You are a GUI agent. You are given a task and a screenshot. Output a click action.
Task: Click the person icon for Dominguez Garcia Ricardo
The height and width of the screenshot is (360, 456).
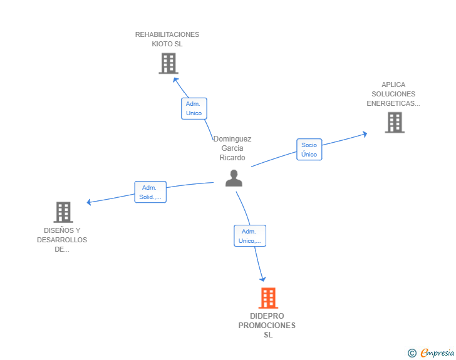coord(234,178)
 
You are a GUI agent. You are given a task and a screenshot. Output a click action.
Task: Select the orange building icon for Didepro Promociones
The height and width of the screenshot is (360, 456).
coord(268,298)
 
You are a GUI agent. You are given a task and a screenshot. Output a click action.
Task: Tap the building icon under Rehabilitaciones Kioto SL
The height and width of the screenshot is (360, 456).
coord(168,63)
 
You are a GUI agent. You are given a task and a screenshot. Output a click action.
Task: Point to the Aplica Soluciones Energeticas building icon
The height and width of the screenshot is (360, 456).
coord(395,123)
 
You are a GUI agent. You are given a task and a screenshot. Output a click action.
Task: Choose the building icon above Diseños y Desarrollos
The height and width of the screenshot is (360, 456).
coord(63,212)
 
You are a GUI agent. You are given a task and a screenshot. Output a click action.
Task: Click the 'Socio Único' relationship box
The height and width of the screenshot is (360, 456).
coord(309,150)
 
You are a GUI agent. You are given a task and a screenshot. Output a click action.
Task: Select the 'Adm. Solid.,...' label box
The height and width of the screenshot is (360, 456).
coord(150,192)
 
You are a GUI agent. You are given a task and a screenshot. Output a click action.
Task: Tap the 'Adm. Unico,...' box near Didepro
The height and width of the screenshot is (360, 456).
coord(250,236)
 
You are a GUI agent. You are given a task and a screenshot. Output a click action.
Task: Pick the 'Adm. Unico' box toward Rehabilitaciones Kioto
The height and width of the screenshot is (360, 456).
coord(194,108)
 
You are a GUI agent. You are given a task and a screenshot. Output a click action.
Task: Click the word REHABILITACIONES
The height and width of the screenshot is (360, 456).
coord(167,34)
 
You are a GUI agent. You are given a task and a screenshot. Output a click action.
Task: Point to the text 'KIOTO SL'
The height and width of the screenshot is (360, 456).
coord(167,44)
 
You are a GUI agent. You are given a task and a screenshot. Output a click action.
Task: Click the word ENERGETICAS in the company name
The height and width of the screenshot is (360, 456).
coord(393,103)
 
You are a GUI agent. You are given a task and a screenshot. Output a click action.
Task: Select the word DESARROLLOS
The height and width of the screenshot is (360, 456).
coord(62,240)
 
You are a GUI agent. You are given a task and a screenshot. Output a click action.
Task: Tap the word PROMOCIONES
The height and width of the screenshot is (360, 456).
coord(267,326)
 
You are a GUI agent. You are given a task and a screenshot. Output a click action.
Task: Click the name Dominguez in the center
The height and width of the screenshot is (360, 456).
coord(232,139)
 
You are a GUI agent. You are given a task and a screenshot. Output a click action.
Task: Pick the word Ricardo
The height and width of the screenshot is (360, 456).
coord(232,158)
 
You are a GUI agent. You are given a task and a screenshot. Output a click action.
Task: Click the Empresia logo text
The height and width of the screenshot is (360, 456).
coord(437,352)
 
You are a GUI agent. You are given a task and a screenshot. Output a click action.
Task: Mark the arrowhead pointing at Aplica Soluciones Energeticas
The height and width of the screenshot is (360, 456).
coord(365,134)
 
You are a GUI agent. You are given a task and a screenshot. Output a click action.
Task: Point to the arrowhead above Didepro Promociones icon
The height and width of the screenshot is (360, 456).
coord(262,279)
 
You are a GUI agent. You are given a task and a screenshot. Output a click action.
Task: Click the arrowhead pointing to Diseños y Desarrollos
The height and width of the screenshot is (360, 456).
coord(89,202)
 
